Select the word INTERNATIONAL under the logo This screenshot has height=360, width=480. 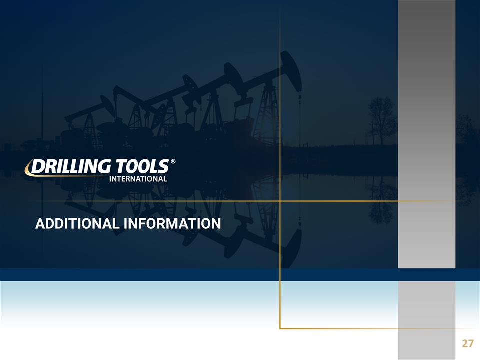pyautogui.click(x=139, y=178)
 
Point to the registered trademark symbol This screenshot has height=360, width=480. pyautogui.click(x=173, y=162)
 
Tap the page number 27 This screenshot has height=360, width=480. pyautogui.click(x=467, y=343)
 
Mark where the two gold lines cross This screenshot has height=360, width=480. pyautogui.click(x=280, y=201)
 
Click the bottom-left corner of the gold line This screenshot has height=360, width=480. pyautogui.click(x=280, y=328)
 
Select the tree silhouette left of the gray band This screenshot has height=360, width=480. pyautogui.click(x=382, y=117)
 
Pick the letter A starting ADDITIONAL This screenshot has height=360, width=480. pyautogui.click(x=39, y=224)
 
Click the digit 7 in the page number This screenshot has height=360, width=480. pyautogui.click(x=470, y=343)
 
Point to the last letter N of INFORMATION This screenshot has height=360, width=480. pyautogui.click(x=216, y=224)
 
